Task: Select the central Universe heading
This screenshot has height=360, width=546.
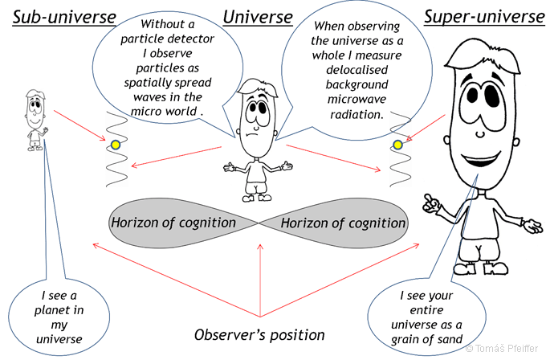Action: click(x=256, y=17)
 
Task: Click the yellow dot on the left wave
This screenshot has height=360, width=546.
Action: click(x=116, y=145)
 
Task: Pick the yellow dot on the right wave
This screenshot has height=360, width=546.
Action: click(x=396, y=145)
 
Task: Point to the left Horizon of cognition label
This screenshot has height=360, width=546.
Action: click(x=173, y=223)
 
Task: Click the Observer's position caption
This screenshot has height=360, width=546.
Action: click(x=259, y=333)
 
